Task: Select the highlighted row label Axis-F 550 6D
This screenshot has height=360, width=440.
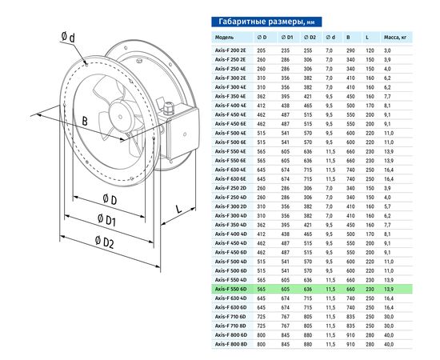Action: coord(231,288)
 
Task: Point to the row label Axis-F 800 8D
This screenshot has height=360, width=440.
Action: coord(231,343)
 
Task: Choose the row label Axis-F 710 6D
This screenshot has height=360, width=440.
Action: coord(231,315)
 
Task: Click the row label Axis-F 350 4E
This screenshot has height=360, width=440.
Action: coord(231,96)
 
